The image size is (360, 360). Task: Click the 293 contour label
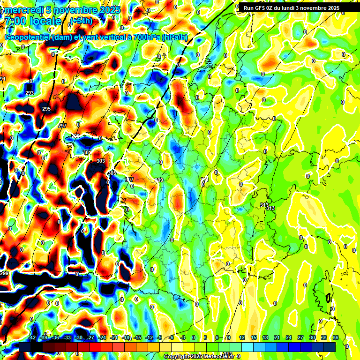[30, 93]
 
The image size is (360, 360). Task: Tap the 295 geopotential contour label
[46, 109]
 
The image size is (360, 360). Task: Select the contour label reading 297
[62, 126]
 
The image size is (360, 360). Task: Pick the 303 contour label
[100, 161]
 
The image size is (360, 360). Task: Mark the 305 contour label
[112, 172]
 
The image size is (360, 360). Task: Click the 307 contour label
[129, 180]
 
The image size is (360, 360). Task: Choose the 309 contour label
[159, 180]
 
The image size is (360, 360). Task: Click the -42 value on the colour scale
[32, 337]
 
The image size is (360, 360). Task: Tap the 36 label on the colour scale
[336, 337]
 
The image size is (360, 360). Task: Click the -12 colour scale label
[149, 337]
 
